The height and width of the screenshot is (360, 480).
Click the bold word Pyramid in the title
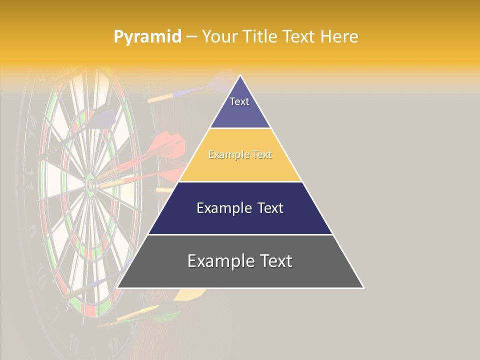point(147,36)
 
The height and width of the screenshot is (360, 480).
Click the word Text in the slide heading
point(298,36)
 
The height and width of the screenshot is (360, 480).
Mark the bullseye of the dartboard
point(90,185)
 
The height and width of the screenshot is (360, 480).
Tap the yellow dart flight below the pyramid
point(187,294)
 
